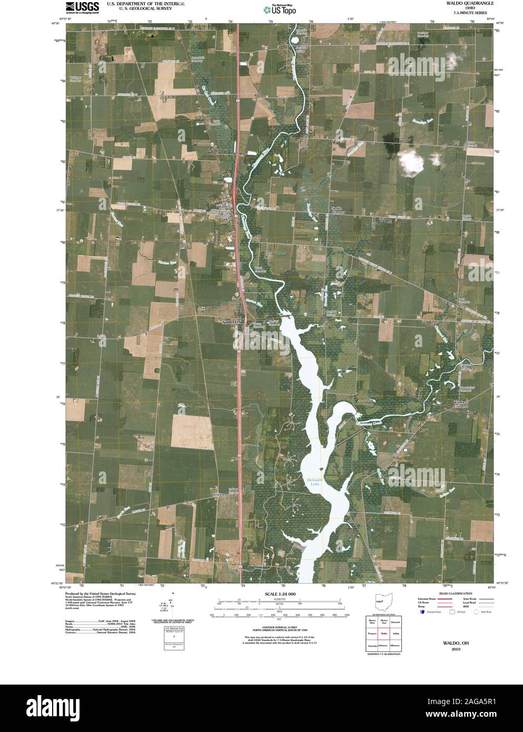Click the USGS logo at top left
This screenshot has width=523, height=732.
pyautogui.click(x=82, y=7)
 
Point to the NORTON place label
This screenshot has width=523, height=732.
pyautogui.click(x=231, y=321)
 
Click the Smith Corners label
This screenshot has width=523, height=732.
pyautogui.click(x=337, y=210)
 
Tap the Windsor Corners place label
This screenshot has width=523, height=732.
pyautogui.click(x=460, y=404)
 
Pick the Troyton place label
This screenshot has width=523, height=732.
pyautogui.click(x=219, y=494)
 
